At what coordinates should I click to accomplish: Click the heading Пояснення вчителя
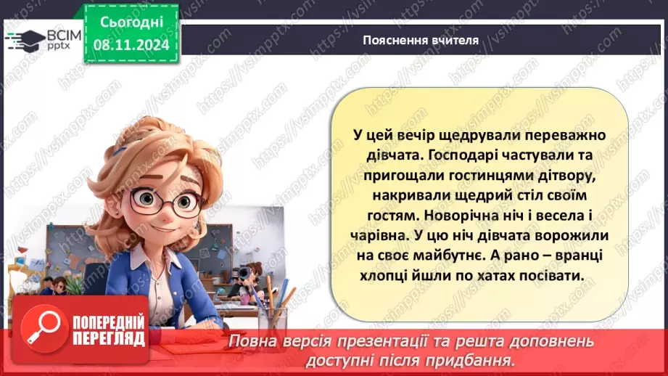[x=421, y=40]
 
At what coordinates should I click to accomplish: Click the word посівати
[x=550, y=277]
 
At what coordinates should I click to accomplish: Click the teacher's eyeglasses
[x=161, y=202]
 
